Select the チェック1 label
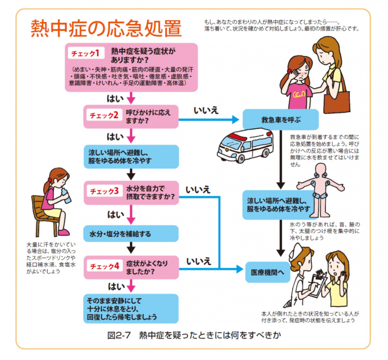coord(86,53)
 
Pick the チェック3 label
coord(104,191)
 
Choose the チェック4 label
coord(104,265)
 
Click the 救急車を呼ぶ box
coord(280,120)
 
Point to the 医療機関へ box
coord(267,272)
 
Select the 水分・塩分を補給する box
coord(131,234)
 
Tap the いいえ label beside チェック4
coord(198,260)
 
